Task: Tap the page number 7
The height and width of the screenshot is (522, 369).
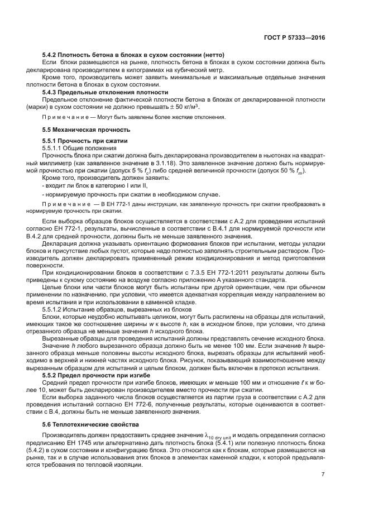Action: (323, 475)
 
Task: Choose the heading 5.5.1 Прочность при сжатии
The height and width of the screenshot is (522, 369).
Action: (85, 141)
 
